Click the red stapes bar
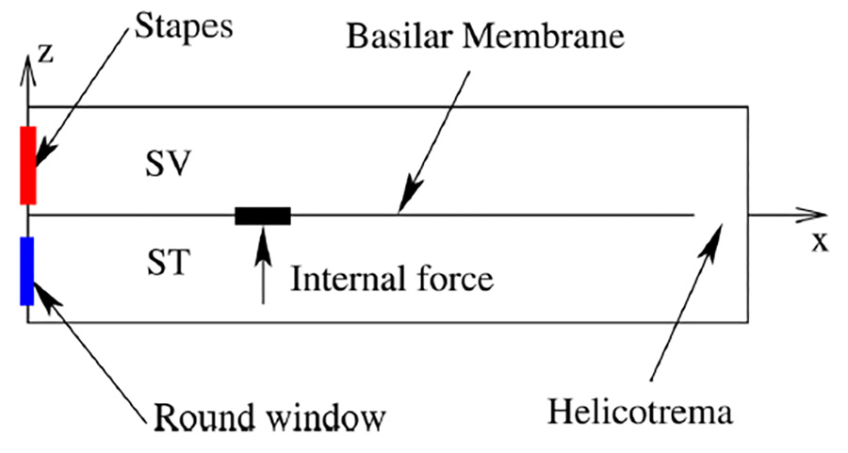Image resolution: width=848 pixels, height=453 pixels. tap(28, 165)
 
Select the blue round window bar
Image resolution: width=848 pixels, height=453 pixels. tap(27, 270)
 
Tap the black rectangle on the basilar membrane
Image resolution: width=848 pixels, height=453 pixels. tap(263, 216)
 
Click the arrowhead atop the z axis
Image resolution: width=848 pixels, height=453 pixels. tap(28, 68)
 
